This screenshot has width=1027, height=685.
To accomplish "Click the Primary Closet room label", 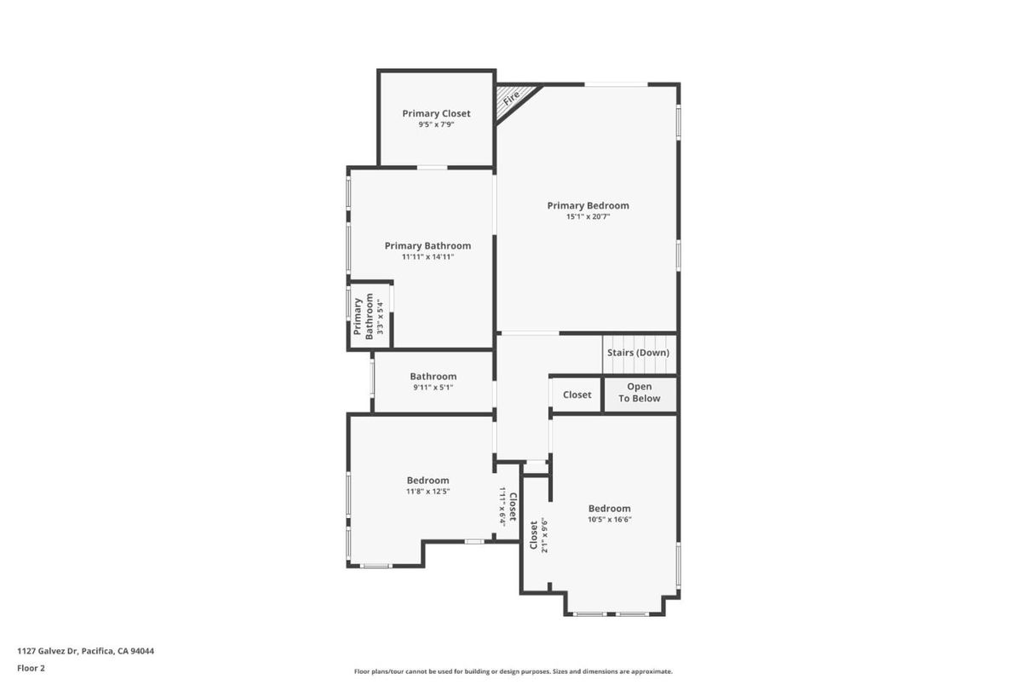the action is pyautogui.click(x=436, y=113).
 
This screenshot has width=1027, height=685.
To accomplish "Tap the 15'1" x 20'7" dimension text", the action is pyautogui.click(x=588, y=216).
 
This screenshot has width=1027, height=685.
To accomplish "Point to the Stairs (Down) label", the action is pyautogui.click(x=638, y=353).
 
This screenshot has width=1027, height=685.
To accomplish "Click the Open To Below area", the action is pyautogui.click(x=640, y=394).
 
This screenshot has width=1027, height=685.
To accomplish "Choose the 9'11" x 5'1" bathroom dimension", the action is pyautogui.click(x=433, y=388).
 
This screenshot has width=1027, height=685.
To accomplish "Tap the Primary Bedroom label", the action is pyautogui.click(x=588, y=205).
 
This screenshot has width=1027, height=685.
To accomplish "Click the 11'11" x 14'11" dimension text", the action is pyautogui.click(x=427, y=257).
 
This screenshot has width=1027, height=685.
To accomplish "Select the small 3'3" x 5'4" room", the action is pyautogui.click(x=370, y=316).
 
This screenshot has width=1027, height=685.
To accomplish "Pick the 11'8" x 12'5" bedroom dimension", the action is pyautogui.click(x=427, y=492).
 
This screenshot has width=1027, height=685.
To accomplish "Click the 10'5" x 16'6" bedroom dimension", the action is pyautogui.click(x=610, y=520).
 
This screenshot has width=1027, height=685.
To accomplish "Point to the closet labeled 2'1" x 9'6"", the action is pyautogui.click(x=536, y=534).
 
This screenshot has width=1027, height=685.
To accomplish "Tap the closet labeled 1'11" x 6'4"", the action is pyautogui.click(x=507, y=504).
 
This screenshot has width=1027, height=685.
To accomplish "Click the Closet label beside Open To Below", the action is pyautogui.click(x=577, y=394).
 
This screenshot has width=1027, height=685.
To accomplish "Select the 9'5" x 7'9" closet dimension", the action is pyautogui.click(x=436, y=124).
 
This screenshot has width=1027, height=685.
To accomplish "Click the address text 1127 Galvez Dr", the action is pyautogui.click(x=48, y=651).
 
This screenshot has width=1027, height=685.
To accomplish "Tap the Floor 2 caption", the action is pyautogui.click(x=32, y=668).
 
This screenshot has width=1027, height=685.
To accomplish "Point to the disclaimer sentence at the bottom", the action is pyautogui.click(x=513, y=671).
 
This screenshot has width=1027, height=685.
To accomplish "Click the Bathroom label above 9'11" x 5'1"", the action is pyautogui.click(x=433, y=377).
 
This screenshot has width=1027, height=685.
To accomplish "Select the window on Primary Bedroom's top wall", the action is pyautogui.click(x=616, y=84).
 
